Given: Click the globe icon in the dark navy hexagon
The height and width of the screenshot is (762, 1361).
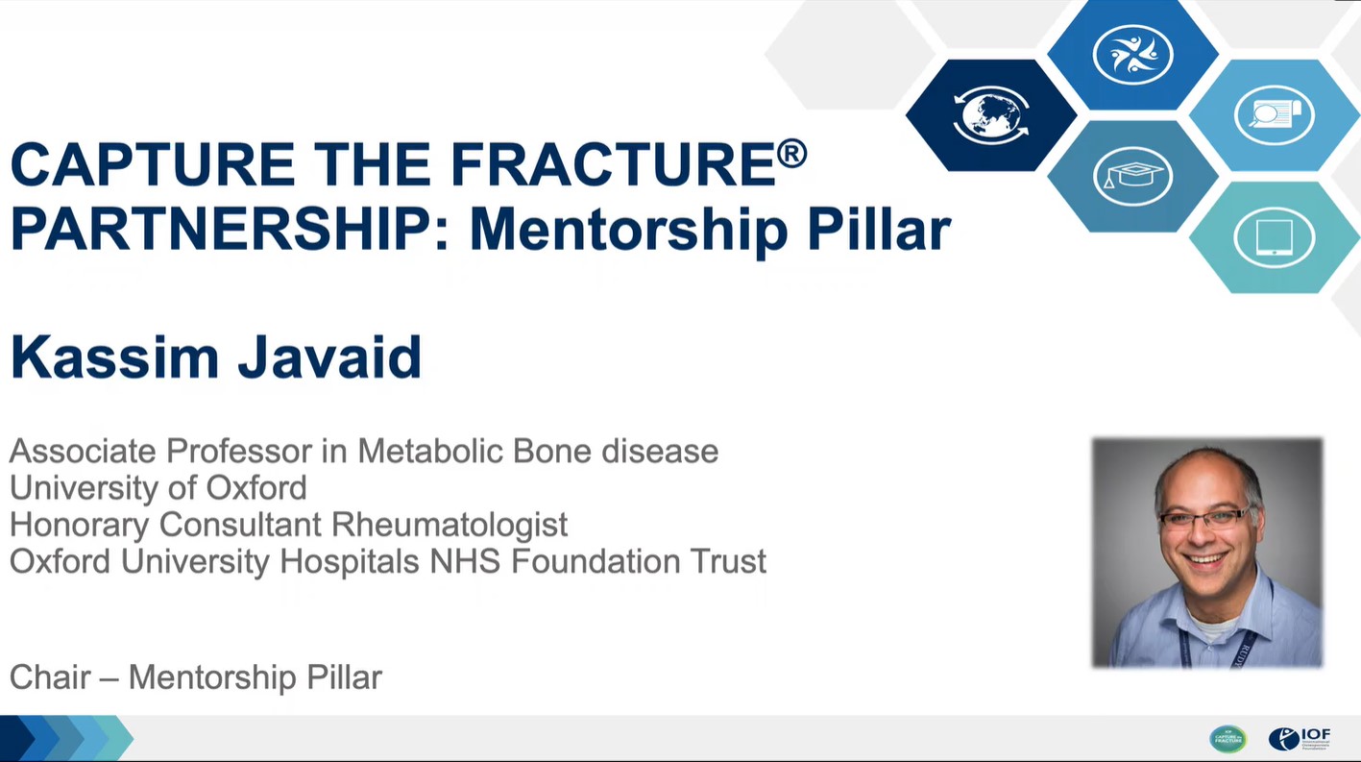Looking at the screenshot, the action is pyautogui.click(x=991, y=115).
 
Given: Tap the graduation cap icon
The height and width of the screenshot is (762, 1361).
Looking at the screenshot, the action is pyautogui.click(x=1132, y=176).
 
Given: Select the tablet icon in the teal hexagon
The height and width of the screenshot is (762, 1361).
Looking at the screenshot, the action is pyautogui.click(x=1275, y=237).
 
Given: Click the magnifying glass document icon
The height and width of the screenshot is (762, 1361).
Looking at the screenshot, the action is pyautogui.click(x=1275, y=115).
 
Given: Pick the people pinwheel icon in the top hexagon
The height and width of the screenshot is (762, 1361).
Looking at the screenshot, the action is pyautogui.click(x=1132, y=54).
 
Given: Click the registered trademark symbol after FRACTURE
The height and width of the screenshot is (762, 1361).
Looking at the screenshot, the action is pyautogui.click(x=791, y=153).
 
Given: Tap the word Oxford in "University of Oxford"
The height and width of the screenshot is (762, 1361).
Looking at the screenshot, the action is pyautogui.click(x=256, y=487).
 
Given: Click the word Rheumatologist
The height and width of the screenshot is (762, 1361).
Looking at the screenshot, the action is pyautogui.click(x=450, y=525).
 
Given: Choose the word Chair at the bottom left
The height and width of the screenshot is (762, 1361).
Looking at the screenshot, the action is pyautogui.click(x=50, y=676).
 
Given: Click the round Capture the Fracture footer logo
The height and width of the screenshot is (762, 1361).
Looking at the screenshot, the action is pyautogui.click(x=1227, y=739).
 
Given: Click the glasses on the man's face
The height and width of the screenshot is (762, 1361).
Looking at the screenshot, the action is pyautogui.click(x=1204, y=518).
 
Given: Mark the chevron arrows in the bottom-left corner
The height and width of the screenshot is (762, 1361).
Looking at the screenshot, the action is pyautogui.click(x=67, y=738).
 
